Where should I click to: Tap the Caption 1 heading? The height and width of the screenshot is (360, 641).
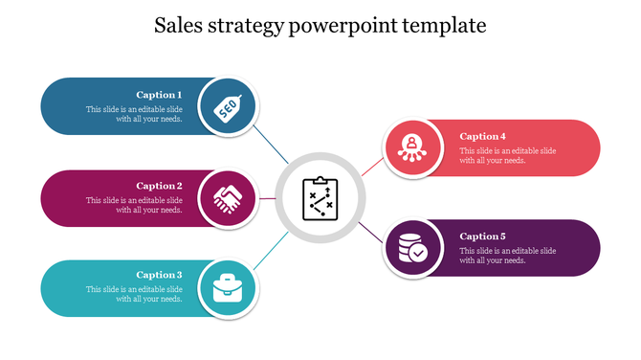point(159,95)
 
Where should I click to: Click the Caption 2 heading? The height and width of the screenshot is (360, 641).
point(159,186)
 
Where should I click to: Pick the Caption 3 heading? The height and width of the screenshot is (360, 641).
point(159,275)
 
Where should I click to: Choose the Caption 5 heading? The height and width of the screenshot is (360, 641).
point(482,236)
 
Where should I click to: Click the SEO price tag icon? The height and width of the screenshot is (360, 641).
point(228,106)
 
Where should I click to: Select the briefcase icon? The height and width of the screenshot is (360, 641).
point(228,288)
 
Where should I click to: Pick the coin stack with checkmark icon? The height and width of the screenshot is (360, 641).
point(412,249)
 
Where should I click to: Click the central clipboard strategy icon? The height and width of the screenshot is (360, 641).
point(319,197)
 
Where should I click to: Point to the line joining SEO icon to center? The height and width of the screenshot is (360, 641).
point(274,148)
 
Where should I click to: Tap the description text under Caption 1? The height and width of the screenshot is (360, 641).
point(134,114)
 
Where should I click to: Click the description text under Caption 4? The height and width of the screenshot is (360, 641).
point(507,155)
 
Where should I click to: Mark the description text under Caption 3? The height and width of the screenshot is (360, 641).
point(134,294)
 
